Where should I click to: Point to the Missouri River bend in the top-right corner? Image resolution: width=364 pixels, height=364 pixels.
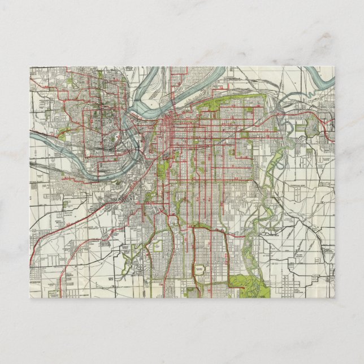point(319,80)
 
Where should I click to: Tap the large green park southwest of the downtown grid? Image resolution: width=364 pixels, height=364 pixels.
point(164,170)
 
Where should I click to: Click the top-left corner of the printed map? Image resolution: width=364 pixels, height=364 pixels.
point(30,67)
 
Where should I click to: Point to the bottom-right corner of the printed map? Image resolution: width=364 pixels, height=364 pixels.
point(334,297)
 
